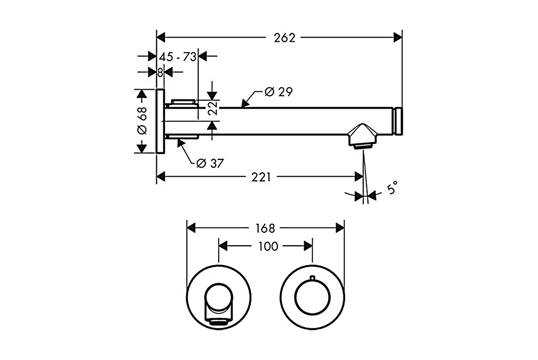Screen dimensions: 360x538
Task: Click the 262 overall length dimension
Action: tap(285, 38)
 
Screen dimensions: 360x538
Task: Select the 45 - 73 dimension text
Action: tap(178, 57)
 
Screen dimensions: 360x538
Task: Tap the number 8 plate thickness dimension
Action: tap(160, 72)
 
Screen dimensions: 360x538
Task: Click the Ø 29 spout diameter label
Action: tap(278, 92)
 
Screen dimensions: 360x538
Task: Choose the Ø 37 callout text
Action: tap(210, 163)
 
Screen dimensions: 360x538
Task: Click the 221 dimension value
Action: tap(261, 177)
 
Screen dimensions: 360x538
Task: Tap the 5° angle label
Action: tap(392, 187)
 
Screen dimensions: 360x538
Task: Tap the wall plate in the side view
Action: tap(160, 121)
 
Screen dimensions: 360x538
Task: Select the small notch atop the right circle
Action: tap(313, 277)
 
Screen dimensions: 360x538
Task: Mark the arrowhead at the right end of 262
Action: tap(398, 37)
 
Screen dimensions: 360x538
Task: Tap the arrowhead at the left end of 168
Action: tap(190, 227)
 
